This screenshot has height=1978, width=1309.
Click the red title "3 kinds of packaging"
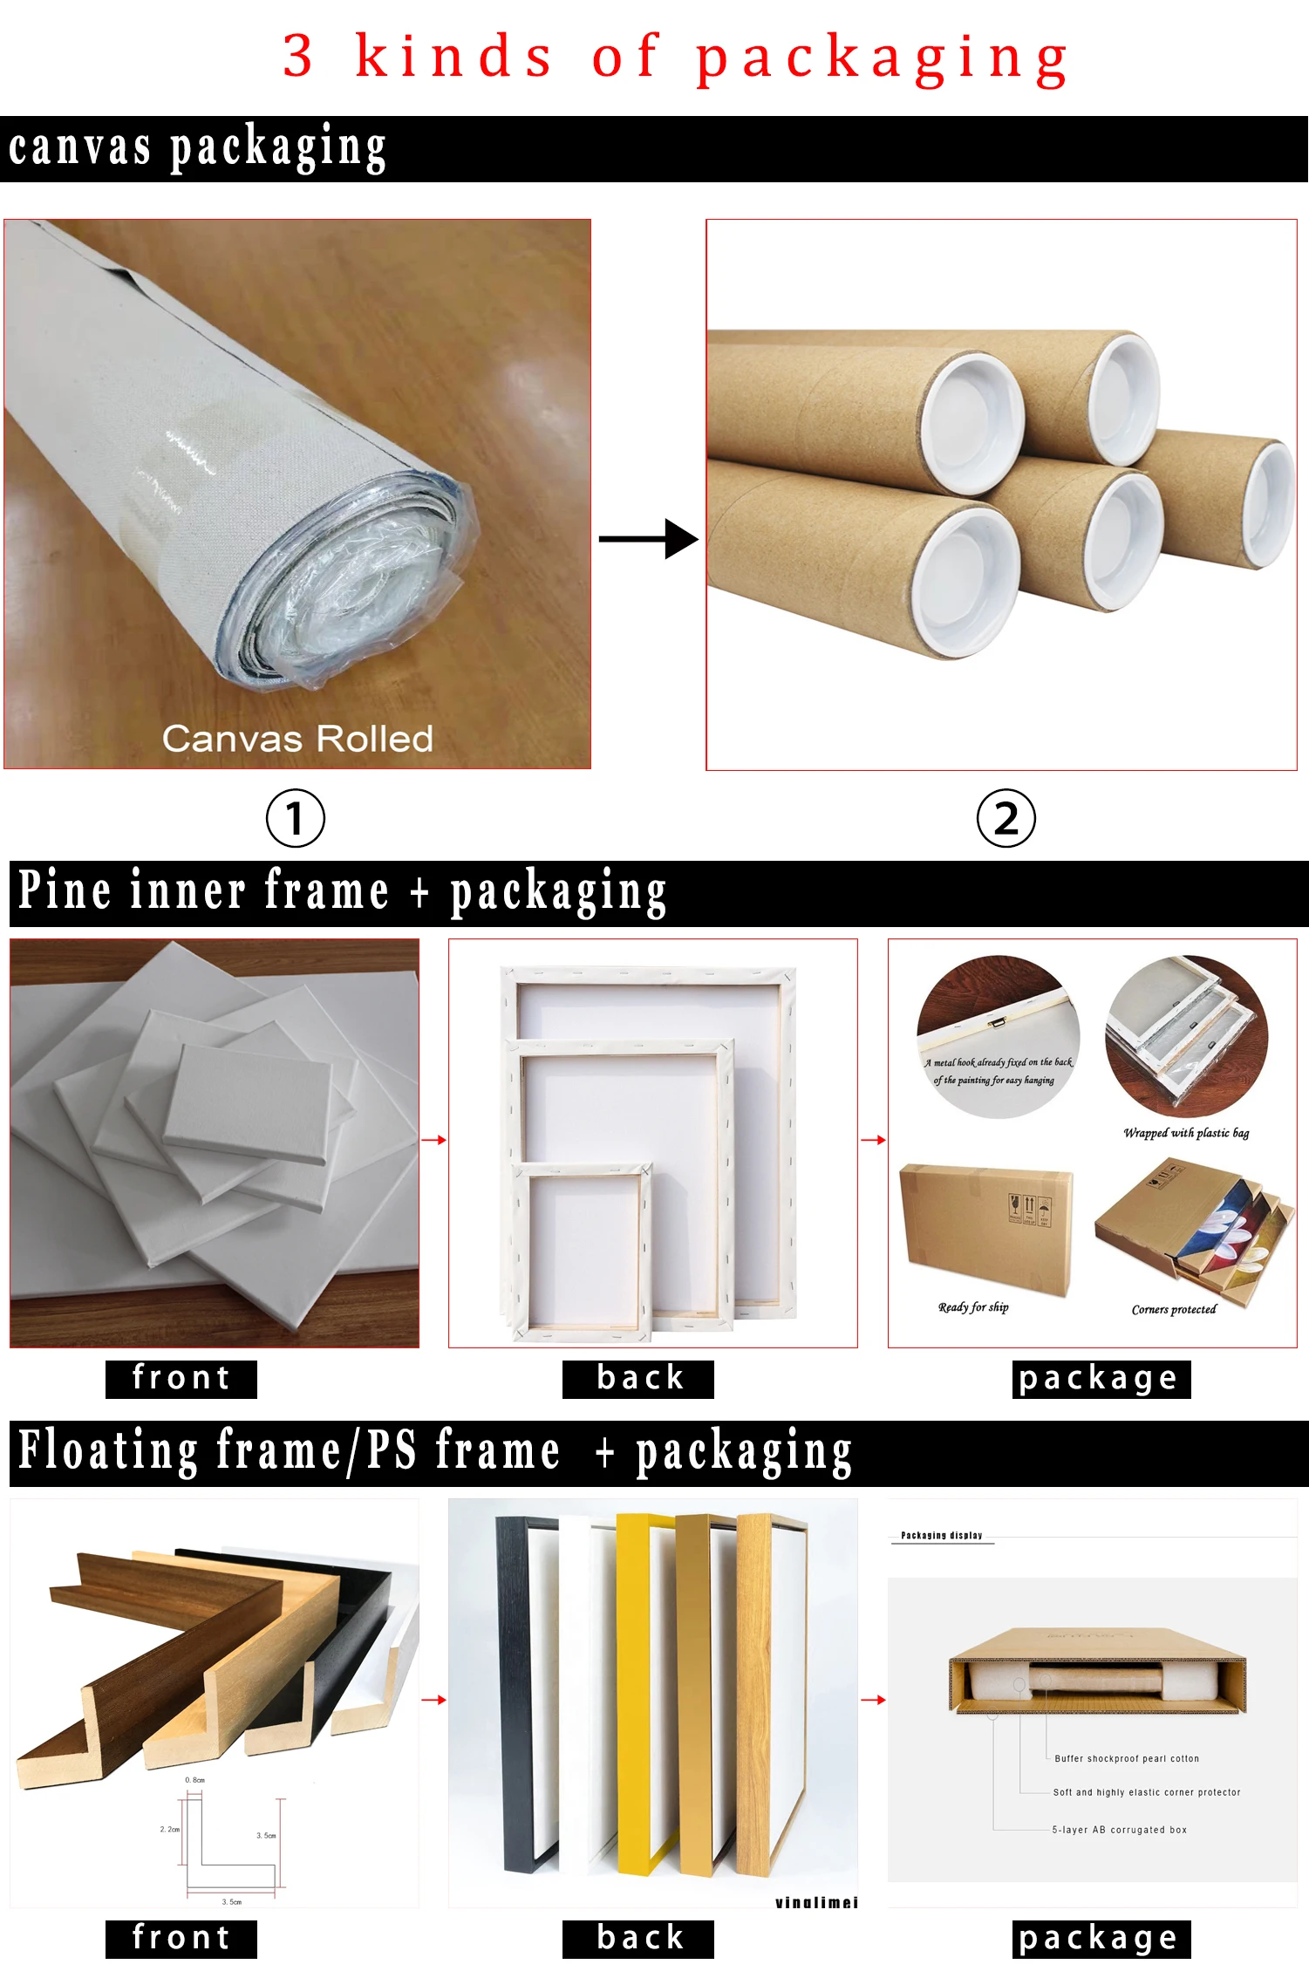[676, 57]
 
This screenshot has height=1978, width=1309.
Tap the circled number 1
[295, 818]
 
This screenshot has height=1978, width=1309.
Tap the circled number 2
[1006, 818]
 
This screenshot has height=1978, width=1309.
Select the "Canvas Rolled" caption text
[297, 739]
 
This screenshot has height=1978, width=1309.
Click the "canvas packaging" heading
[198, 147]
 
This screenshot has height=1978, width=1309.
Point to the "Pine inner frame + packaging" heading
[343, 892]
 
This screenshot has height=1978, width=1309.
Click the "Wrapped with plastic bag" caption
[1186, 1133]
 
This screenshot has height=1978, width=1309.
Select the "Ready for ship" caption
[973, 1306]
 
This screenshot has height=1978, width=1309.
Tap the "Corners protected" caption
[1173, 1309]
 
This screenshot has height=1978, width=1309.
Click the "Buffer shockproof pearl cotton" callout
[1127, 1758]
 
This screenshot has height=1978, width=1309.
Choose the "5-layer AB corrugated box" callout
[1119, 1830]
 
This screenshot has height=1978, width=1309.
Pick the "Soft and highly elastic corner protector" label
[1146, 1792]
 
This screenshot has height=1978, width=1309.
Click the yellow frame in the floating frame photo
[634, 1692]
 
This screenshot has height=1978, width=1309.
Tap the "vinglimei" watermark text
[816, 1902]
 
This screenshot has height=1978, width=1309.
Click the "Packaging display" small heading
[941, 1535]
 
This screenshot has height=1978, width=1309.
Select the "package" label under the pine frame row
[1101, 1379]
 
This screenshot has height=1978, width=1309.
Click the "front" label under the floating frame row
[181, 1938]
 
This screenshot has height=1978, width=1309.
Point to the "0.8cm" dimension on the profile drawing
[194, 1780]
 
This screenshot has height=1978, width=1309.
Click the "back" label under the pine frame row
[639, 1378]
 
